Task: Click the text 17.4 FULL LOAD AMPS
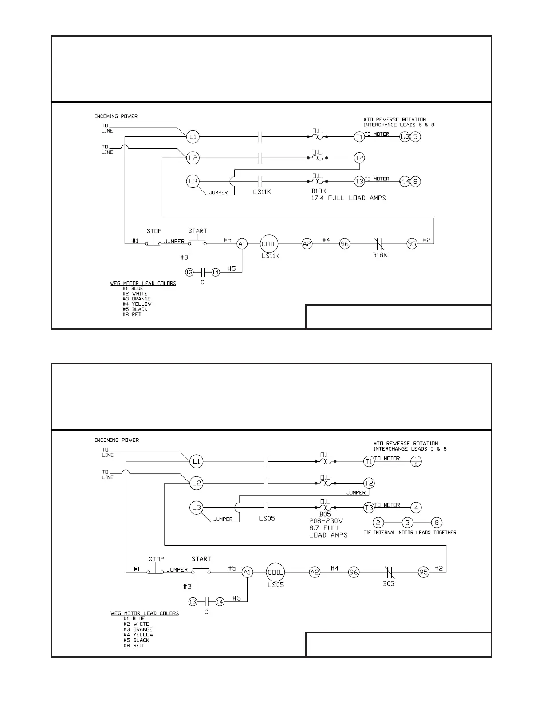348,198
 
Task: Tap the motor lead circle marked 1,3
405,137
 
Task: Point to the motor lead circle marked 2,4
405,181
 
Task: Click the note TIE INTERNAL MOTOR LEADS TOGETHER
409,532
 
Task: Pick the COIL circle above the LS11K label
268,243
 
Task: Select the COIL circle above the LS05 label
275,572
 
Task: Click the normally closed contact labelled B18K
378,243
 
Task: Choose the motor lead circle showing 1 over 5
415,461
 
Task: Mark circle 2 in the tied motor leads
378,523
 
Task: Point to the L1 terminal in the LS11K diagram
193,137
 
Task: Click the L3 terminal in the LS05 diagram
197,507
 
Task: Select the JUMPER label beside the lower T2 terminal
356,492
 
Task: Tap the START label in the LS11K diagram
197,231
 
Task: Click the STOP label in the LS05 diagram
156,559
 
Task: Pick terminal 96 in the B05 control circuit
354,572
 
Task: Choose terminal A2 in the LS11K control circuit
307,243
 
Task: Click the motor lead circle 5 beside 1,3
415,137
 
